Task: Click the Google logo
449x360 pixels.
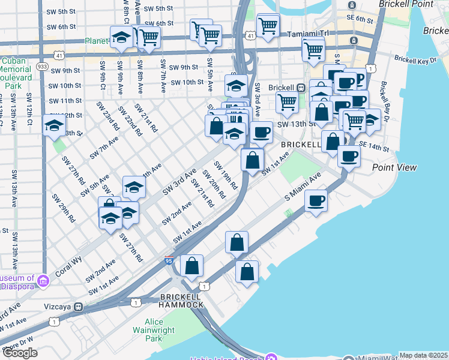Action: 20,353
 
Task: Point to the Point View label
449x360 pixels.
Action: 394,167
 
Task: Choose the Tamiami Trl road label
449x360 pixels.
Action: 307,34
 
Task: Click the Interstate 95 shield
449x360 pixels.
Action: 169,261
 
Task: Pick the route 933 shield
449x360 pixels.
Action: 42,66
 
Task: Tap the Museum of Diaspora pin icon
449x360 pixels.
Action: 43,281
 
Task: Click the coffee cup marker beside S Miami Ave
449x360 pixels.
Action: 316,201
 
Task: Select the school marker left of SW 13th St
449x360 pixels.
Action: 54,126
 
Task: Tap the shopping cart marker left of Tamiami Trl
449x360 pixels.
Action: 267,25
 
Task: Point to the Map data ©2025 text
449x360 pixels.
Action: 423,355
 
